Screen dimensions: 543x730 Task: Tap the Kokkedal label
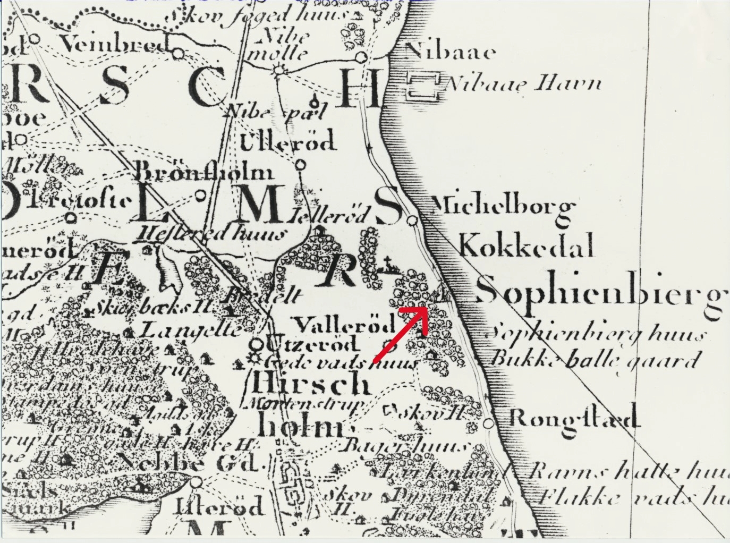point(526,247)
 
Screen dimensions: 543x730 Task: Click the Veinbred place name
point(112,45)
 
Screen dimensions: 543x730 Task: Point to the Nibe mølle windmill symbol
point(278,69)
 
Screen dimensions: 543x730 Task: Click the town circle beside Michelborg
point(412,219)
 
